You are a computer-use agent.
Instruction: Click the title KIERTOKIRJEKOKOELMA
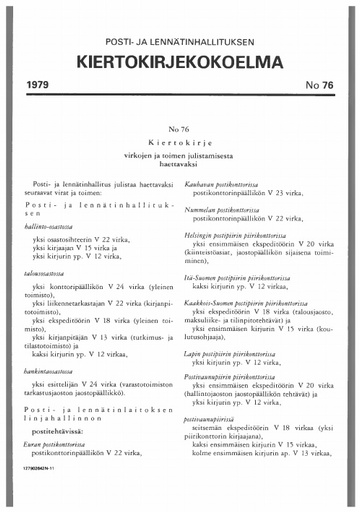(x=179, y=64)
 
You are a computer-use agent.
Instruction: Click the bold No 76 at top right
(x=316, y=89)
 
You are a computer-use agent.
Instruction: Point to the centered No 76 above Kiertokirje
(x=180, y=131)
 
